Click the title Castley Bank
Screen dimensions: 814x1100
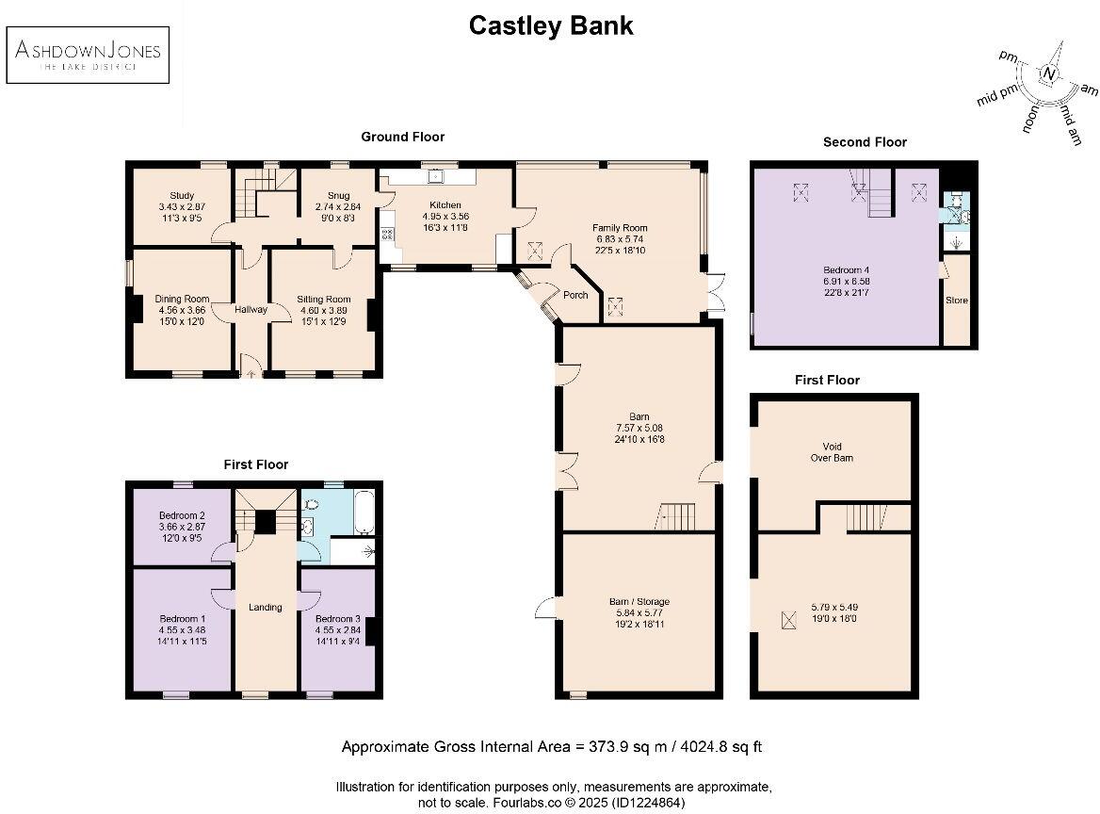click(551, 25)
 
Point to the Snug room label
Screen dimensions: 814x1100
click(338, 196)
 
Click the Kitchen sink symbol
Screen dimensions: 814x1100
click(435, 175)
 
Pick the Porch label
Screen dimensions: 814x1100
click(575, 295)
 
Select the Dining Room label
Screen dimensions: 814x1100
click(182, 300)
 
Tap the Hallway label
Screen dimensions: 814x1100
click(251, 310)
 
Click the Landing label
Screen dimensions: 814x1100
click(266, 607)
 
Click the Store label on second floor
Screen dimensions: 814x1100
click(956, 301)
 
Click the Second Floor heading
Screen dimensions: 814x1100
click(865, 142)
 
